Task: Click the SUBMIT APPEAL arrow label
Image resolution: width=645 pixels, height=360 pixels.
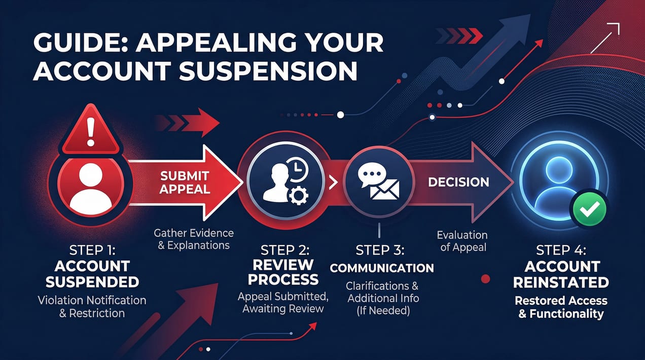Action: [185, 183]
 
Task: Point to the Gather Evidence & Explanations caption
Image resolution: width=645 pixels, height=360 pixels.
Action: [194, 239]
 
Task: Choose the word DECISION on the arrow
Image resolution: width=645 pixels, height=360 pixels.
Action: [458, 182]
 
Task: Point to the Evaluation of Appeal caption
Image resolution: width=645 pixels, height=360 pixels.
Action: [462, 241]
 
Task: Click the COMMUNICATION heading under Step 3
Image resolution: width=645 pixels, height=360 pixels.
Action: [382, 268]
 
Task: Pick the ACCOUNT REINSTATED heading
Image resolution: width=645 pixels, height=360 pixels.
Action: [562, 274]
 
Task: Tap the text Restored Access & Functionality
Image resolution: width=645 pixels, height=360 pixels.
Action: [561, 307]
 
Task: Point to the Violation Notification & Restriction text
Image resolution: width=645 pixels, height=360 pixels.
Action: [92, 307]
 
